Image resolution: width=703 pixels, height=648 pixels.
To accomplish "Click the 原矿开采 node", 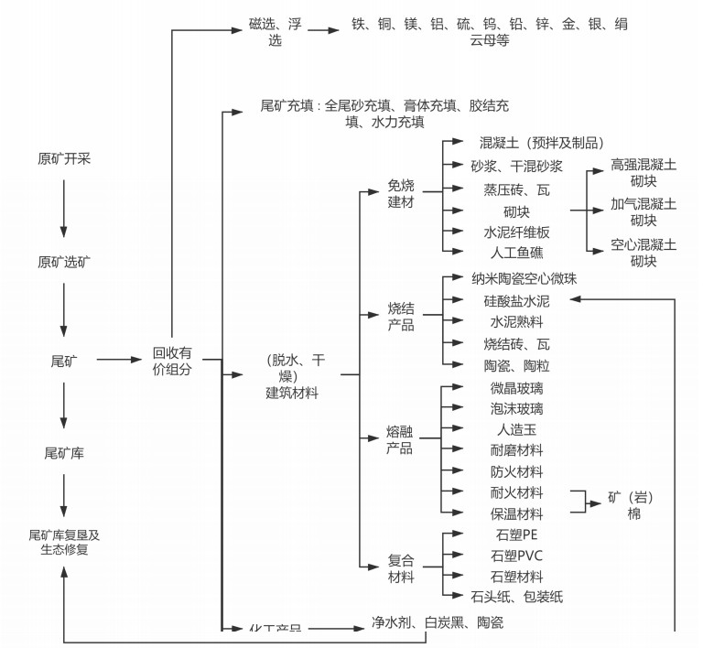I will (64, 158).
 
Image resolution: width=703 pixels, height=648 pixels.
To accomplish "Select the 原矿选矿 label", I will (64, 262).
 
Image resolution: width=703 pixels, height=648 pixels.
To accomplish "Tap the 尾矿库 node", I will (64, 452).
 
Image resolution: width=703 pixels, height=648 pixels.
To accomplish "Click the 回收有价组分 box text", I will (172, 360).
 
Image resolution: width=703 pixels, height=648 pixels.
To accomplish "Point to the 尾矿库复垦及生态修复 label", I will (64, 542).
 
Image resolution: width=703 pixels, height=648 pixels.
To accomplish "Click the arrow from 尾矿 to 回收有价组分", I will (119, 360).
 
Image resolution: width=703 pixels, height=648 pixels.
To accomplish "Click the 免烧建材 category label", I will (400, 193).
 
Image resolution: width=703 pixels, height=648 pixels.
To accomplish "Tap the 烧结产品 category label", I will (400, 317).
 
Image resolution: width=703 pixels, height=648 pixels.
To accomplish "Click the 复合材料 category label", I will (400, 568).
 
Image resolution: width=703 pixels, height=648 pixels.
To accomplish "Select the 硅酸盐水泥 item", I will (517, 300).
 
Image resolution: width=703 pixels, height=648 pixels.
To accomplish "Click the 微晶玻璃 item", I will (517, 387).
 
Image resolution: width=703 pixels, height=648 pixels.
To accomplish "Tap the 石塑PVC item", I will (517, 556).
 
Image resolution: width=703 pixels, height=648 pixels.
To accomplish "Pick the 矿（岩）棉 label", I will (631, 506).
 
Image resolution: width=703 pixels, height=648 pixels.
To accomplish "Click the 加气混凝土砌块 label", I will (644, 212).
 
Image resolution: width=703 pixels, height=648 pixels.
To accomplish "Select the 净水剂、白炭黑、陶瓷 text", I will (437, 623).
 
